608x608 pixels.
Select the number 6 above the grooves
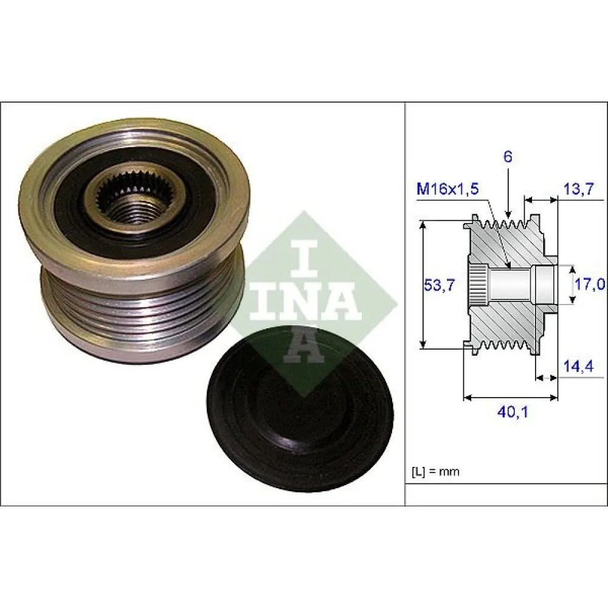[508, 156]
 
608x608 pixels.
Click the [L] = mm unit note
[435, 471]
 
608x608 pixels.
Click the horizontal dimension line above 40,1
[511, 398]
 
